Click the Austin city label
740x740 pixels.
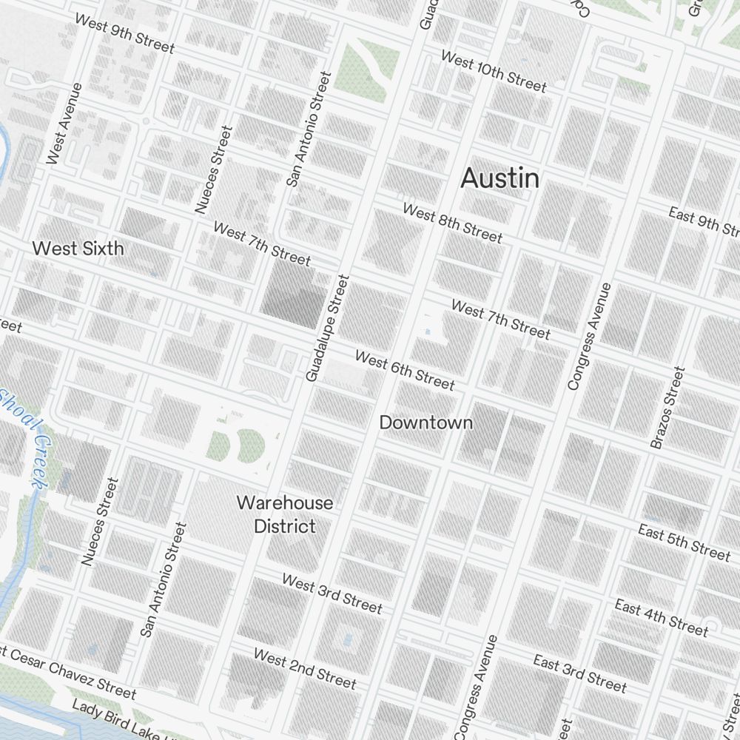click(499, 178)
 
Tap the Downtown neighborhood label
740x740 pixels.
click(425, 423)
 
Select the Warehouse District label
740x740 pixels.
click(285, 514)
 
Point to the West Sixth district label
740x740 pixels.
click(78, 249)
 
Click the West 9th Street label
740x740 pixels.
click(124, 35)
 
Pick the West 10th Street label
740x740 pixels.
click(494, 72)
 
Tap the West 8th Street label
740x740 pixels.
click(452, 223)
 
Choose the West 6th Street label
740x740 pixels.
click(405, 370)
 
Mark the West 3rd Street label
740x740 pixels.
click(332, 593)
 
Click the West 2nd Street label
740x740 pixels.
click(305, 667)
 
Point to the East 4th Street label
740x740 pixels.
click(661, 617)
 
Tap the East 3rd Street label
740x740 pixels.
click(579, 673)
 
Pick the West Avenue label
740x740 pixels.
click(64, 123)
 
